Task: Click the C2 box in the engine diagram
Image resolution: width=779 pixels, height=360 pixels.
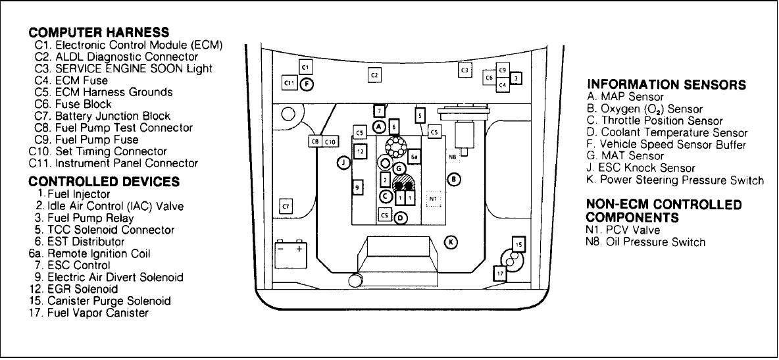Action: (x=374, y=75)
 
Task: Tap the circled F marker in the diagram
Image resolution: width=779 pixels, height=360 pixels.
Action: (x=306, y=83)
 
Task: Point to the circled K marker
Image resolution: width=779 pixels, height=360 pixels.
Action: (x=451, y=242)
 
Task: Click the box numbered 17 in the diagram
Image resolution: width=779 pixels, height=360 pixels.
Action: (x=500, y=272)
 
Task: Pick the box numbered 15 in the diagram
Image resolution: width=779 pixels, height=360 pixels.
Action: (x=518, y=245)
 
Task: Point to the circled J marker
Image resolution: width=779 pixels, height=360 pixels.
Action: (x=343, y=163)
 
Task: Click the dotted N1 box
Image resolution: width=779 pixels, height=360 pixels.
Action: (x=432, y=197)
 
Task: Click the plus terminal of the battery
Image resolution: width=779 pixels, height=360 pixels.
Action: (x=299, y=249)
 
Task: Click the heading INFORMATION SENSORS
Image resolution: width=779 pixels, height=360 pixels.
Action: (x=666, y=84)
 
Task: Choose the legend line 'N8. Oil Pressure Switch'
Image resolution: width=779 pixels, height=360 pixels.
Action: (x=645, y=242)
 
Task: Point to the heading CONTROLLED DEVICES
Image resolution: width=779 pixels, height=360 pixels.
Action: (x=104, y=181)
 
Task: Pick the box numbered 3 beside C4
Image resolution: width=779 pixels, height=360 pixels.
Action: (x=516, y=79)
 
